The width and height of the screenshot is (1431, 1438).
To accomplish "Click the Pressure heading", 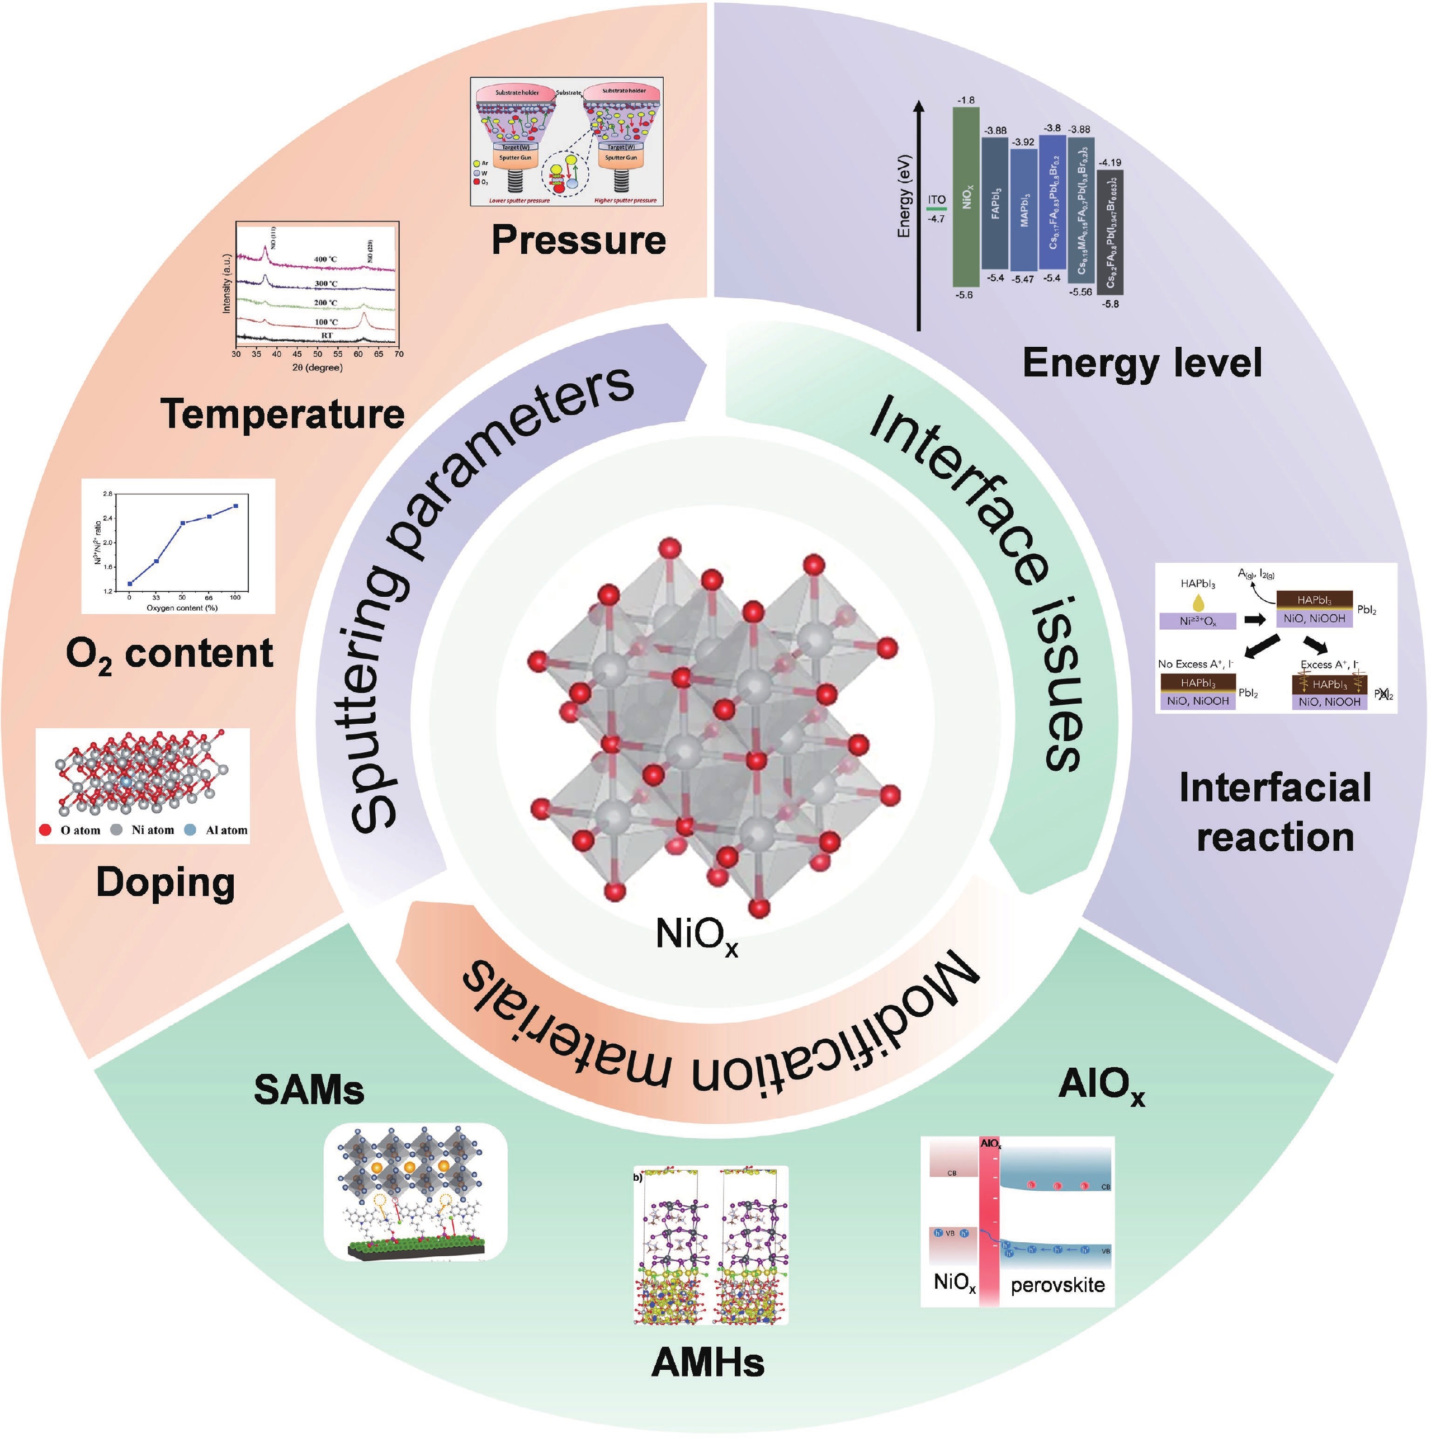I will point(578,241).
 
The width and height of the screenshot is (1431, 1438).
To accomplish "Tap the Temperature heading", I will point(283,414).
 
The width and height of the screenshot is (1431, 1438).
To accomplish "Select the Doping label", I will point(165,883).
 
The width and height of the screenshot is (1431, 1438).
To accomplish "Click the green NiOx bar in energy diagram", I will point(966,197).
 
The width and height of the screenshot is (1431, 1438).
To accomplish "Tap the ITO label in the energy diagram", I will point(936,200).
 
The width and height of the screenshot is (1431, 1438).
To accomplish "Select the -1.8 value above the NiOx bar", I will point(966,100).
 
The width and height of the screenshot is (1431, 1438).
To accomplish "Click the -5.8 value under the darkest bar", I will point(1110,304).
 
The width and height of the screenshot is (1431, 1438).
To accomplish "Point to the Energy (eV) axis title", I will point(904,196).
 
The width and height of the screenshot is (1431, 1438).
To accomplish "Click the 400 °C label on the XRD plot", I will point(325,260).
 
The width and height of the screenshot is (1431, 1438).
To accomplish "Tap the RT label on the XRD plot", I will point(327,336).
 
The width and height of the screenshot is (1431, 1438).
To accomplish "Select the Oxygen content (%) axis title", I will point(182,607).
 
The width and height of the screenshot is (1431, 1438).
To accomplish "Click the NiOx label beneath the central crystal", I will point(697,934).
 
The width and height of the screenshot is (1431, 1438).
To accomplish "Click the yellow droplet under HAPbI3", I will point(1197,603).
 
